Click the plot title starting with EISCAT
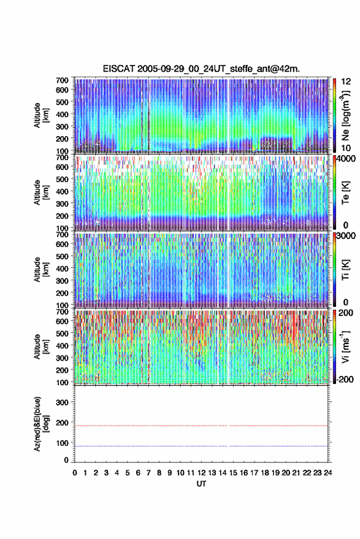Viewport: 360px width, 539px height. point(201,69)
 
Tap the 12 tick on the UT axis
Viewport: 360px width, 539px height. point(202,473)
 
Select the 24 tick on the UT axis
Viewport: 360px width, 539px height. point(327,473)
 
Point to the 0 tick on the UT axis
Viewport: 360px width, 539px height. point(75,473)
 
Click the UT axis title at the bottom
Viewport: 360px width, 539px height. point(202,484)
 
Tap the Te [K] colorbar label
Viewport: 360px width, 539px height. point(345,193)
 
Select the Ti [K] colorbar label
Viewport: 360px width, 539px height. point(345,270)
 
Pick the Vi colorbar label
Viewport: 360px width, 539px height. point(345,346)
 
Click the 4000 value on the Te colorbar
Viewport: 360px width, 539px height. point(346,160)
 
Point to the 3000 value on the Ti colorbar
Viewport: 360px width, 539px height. point(346,236)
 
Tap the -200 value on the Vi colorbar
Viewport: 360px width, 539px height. point(345,380)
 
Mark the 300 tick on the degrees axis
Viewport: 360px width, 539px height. point(62,402)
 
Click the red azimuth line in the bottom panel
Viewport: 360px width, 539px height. point(201,426)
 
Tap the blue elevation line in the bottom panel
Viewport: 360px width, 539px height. point(201,446)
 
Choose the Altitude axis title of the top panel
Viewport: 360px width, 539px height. point(41,115)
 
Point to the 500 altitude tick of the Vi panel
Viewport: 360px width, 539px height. point(62,334)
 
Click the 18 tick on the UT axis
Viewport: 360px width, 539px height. point(265,473)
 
